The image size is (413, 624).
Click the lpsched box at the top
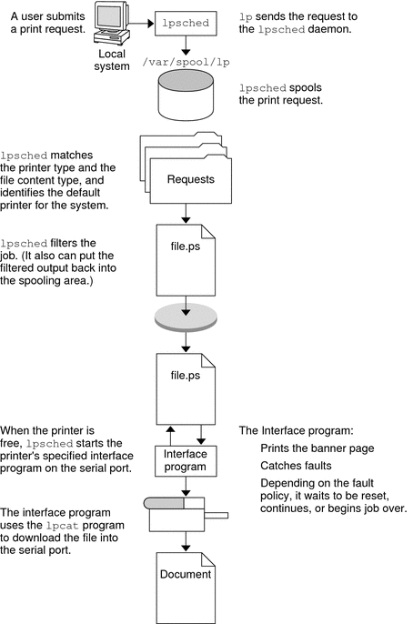tap(186, 17)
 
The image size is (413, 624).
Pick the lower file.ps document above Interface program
tap(186, 381)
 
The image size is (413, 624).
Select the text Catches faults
tap(292, 465)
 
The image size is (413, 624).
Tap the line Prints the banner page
tap(316, 448)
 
